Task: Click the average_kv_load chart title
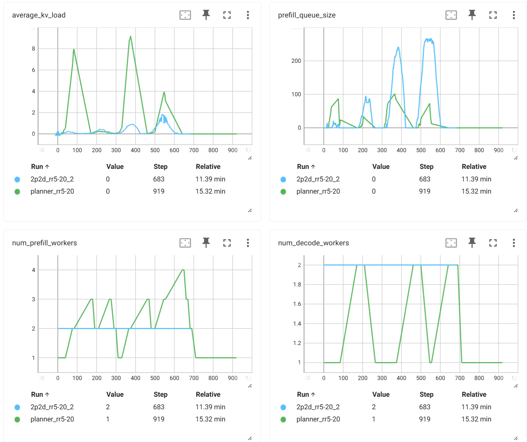(39, 15)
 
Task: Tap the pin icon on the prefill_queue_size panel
(472, 15)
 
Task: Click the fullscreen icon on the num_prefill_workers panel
(227, 243)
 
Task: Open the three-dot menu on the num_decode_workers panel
(514, 243)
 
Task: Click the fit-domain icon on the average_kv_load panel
(185, 15)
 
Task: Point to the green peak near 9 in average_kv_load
(130, 37)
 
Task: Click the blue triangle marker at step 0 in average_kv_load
(58, 134)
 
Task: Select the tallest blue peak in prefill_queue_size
(429, 39)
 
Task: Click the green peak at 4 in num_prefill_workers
(183, 270)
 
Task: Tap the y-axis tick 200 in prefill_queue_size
(296, 61)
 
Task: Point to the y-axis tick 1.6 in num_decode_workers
(297, 304)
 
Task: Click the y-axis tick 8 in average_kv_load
(33, 49)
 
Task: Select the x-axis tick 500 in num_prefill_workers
(155, 378)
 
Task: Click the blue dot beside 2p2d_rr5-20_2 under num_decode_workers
(283, 407)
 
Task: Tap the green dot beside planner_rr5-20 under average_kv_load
(17, 192)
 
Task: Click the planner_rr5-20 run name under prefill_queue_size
(318, 191)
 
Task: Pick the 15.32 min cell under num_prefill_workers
(210, 419)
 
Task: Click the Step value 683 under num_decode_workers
(424, 407)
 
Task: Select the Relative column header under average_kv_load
(208, 167)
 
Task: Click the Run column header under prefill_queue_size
(303, 167)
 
